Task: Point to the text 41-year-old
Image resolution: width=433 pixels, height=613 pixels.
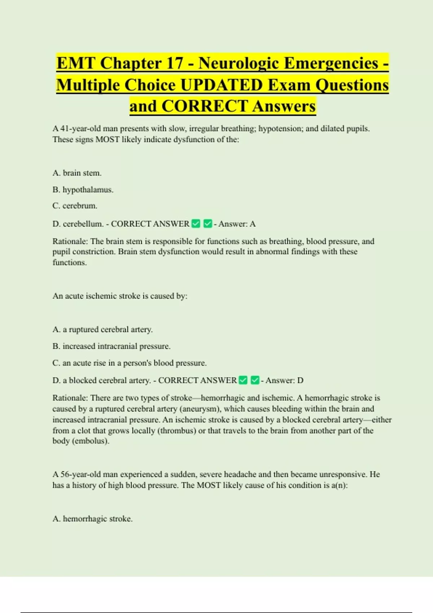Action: coord(78,129)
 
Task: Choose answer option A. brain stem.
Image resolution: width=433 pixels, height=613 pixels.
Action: coord(77,173)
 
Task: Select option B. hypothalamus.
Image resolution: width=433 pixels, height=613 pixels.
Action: coord(83,190)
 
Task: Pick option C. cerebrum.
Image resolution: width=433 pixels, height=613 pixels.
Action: coord(75,206)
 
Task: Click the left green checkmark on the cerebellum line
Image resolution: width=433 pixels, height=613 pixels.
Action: coord(196,224)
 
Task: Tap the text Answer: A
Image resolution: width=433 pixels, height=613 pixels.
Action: coord(237,224)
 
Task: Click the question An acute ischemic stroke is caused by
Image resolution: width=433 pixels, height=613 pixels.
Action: coord(120,296)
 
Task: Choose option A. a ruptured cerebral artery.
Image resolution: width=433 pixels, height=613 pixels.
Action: coord(102,330)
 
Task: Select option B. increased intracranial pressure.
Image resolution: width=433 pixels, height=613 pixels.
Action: coord(111,346)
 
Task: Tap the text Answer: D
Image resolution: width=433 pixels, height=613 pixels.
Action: coord(284,380)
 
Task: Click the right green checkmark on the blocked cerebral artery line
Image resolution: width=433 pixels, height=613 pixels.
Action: coord(255,380)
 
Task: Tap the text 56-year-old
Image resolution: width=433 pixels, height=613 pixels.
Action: coord(78,475)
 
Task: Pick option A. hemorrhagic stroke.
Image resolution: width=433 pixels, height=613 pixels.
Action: coord(92,519)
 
